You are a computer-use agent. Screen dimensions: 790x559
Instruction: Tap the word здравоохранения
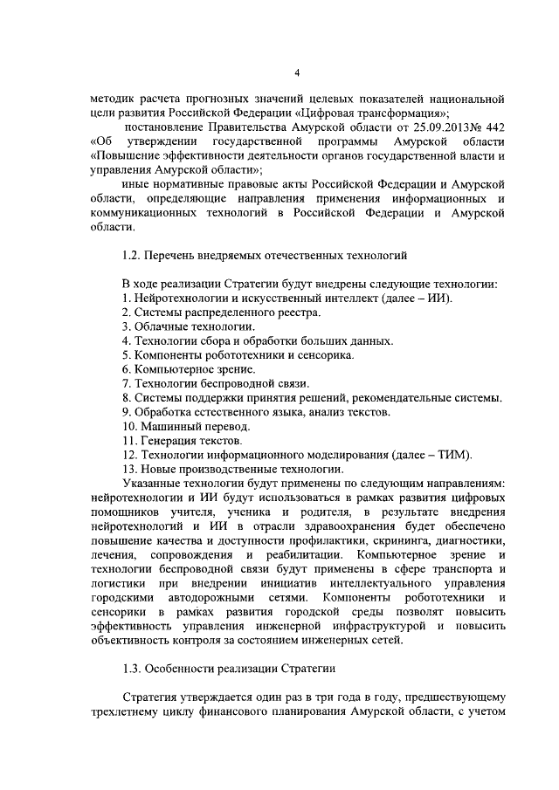click(x=323, y=526)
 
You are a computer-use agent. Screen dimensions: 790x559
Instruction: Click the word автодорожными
click(x=238, y=598)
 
